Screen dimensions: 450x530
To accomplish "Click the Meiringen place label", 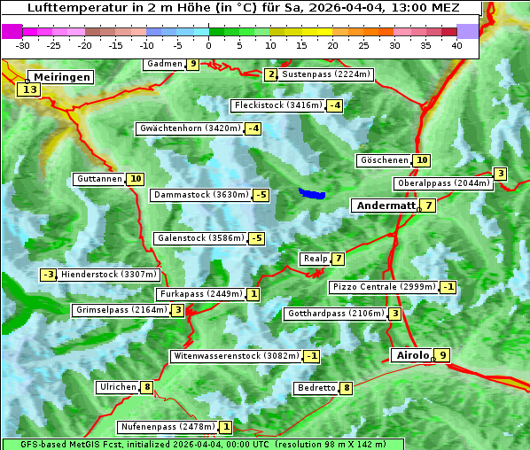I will coord(59,77).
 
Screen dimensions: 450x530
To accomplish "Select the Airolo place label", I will coord(411,355).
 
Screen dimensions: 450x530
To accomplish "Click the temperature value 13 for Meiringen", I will coord(31,89).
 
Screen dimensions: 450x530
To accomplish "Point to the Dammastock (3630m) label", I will coord(199,195).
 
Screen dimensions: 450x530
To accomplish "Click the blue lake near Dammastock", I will coord(312,193).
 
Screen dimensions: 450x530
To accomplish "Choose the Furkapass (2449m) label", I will coord(199,294).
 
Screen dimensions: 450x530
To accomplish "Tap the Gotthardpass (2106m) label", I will coord(335,314).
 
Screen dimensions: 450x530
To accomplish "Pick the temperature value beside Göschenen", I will coord(421,160).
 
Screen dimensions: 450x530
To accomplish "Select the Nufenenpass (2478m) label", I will coord(168,427).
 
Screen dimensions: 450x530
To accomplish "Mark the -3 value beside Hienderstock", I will coord(49,275).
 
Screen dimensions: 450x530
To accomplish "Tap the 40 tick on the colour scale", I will coord(456,44).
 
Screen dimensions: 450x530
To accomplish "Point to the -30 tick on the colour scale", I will coord(23,44).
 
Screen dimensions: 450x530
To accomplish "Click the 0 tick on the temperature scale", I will coord(208,44).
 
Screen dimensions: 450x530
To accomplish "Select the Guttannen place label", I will coord(99,179).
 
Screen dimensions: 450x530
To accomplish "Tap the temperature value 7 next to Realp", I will coord(338,259).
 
